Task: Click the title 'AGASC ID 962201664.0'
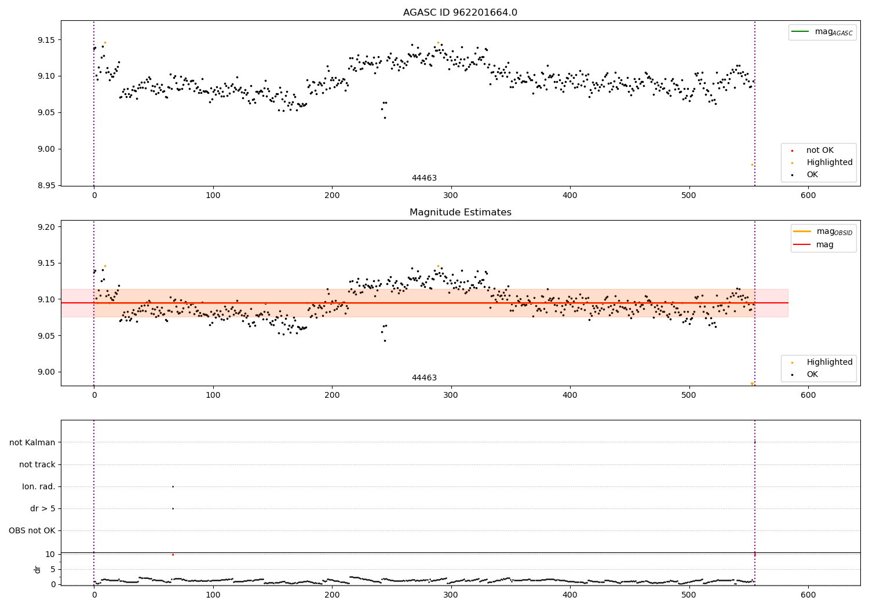click(460, 13)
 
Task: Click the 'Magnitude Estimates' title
click(460, 213)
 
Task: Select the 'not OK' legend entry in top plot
click(820, 151)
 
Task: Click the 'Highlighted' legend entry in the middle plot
click(829, 362)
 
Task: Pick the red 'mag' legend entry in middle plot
click(824, 244)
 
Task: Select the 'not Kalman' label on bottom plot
click(32, 442)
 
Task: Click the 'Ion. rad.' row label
click(39, 486)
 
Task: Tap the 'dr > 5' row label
click(43, 508)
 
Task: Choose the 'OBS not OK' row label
click(32, 530)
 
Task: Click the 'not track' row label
click(37, 464)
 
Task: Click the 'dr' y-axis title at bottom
click(38, 569)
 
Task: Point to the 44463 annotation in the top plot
click(424, 178)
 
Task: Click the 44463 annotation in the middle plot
click(424, 378)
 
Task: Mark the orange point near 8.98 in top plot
click(752, 164)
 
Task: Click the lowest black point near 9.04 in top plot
click(385, 118)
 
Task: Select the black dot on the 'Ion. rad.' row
click(173, 486)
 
